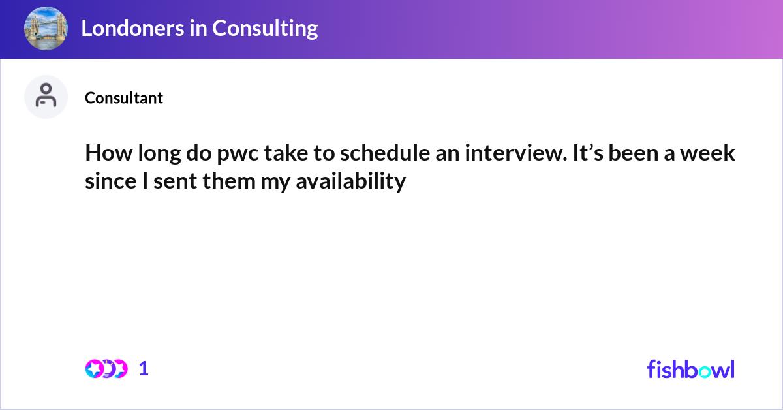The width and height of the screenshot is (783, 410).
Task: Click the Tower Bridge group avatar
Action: tap(46, 28)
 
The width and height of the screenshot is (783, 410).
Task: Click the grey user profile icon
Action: tap(46, 96)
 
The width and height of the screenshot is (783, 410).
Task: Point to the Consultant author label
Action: tap(124, 98)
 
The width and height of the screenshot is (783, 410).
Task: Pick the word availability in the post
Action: tap(350, 181)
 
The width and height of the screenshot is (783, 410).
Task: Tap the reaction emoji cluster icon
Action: tap(106, 369)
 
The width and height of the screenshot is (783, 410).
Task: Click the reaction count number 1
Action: tap(144, 369)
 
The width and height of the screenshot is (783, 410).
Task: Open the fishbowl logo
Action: tap(690, 369)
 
